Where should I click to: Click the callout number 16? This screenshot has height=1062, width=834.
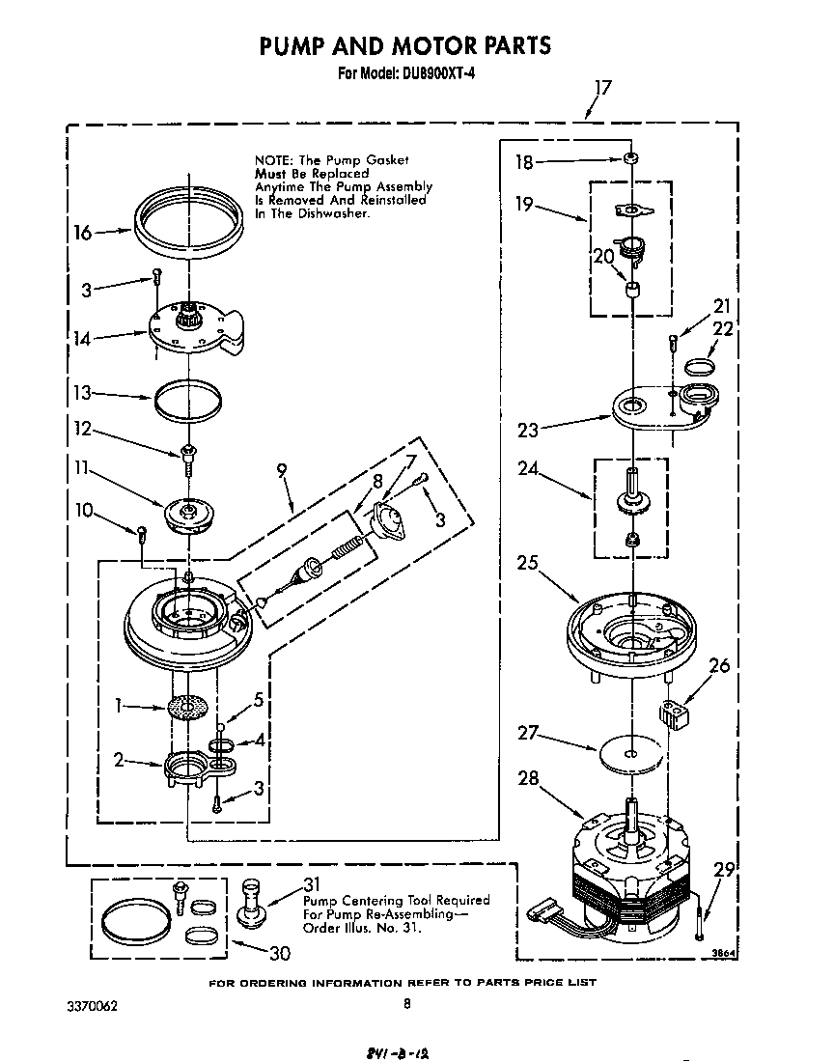(x=82, y=233)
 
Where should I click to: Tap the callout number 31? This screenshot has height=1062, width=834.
(x=311, y=884)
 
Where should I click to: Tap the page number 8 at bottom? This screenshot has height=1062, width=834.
(x=406, y=1003)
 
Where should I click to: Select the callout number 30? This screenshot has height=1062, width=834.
(x=279, y=953)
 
